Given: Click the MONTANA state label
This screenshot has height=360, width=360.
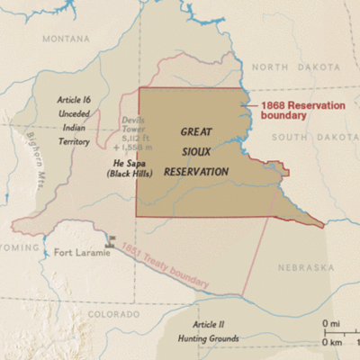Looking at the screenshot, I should point(66,40).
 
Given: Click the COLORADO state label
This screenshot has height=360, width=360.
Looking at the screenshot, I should point(113,314).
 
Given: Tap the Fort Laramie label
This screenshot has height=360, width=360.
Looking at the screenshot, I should point(82,252).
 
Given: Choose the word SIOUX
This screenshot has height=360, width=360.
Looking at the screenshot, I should point(195,150).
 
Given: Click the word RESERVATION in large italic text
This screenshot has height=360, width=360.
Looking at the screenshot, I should point(197,171).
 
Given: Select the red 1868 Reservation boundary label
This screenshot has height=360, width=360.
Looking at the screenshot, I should point(296,110).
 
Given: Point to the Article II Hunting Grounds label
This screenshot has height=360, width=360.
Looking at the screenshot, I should point(209,329).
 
